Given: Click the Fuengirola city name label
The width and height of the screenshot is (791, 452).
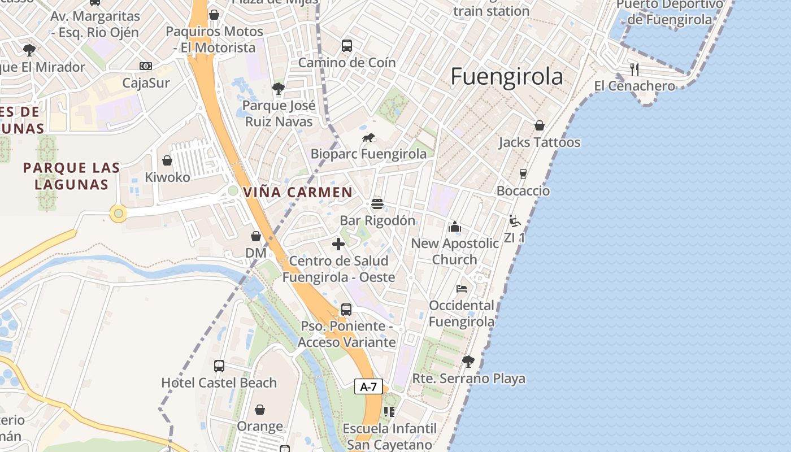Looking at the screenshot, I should (x=507, y=77).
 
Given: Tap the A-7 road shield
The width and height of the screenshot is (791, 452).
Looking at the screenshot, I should (x=368, y=387).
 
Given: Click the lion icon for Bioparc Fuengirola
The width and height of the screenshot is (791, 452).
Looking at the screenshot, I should (x=368, y=137).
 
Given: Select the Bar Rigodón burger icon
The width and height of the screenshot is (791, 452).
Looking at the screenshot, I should (x=377, y=203).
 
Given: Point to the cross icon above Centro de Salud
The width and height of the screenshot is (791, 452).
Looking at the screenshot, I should (x=338, y=244).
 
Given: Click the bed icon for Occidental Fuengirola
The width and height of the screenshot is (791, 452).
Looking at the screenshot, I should (x=462, y=289).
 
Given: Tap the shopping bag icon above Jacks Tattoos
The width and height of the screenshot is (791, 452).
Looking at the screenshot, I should (x=540, y=125).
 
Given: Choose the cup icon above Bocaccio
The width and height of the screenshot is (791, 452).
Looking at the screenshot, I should (x=523, y=174).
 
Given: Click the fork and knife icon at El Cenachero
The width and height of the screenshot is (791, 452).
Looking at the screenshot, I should (x=634, y=69).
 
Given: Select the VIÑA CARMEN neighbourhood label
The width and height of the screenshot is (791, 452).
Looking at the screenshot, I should (x=298, y=192).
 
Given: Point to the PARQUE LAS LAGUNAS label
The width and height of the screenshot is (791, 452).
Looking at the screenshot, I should (x=72, y=176).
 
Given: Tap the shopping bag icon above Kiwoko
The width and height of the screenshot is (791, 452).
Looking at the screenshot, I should (x=167, y=161).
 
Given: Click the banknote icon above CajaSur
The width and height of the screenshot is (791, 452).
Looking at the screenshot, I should (x=146, y=66).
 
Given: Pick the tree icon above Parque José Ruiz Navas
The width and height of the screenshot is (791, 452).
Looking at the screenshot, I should (x=278, y=89).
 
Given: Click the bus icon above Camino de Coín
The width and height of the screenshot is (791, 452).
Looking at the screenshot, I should (x=347, y=46).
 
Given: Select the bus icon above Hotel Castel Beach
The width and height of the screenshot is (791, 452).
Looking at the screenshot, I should (x=219, y=366).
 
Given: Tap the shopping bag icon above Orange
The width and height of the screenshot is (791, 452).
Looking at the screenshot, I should (x=260, y=409).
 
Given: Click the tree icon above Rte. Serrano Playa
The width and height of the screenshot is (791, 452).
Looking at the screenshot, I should (x=468, y=362).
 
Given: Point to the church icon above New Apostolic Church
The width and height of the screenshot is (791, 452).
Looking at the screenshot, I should (x=455, y=227).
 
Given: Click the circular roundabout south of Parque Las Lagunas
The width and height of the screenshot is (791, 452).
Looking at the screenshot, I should (x=118, y=214).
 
